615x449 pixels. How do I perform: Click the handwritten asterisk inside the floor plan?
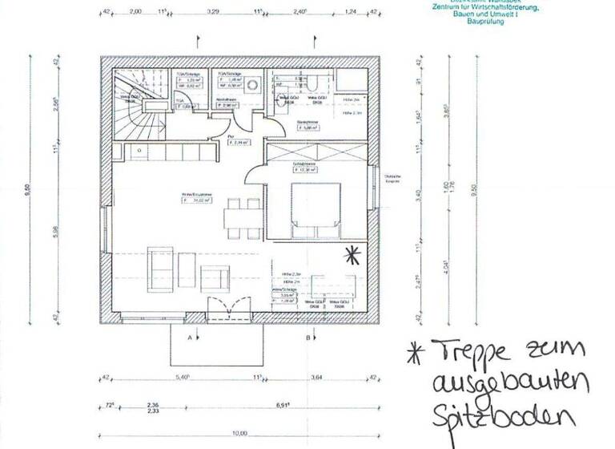[352, 256]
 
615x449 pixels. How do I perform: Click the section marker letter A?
[189, 338]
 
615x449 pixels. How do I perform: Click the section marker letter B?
[308, 338]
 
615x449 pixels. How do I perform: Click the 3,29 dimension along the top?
[213, 14]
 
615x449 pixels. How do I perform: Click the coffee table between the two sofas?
[187, 264]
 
